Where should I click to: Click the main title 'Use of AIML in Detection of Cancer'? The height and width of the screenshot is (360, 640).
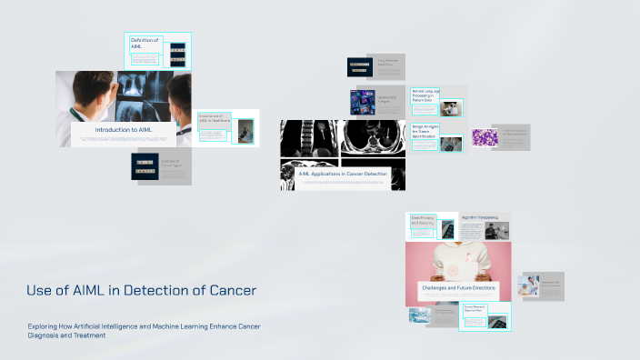tap(141, 291)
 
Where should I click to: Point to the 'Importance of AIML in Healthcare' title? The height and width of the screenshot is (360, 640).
tap(212, 118)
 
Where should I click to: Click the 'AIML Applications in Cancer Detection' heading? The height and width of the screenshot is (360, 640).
tap(343, 173)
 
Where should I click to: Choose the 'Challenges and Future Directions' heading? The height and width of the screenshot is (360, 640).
tap(458, 288)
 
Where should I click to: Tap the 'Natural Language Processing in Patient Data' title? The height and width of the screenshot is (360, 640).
tap(425, 95)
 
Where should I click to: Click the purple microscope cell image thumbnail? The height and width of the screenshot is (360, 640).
tap(485, 137)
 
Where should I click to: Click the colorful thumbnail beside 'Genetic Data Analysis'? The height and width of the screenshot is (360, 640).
tap(363, 100)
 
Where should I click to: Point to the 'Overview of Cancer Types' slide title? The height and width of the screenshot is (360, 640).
tap(175, 164)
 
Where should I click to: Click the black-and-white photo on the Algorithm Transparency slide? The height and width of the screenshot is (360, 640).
tap(496, 231)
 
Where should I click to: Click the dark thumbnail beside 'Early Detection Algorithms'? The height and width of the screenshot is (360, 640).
tap(359, 66)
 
